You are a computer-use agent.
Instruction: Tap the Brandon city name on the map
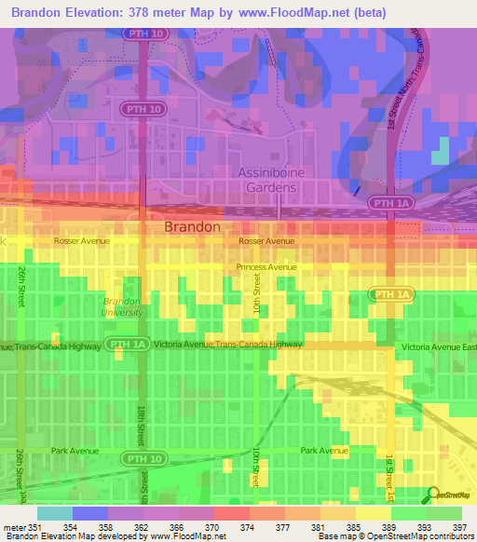pyautogui.click(x=193, y=226)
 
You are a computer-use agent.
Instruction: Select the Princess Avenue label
pyautogui.click(x=266, y=266)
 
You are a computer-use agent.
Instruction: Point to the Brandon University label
pyautogui.click(x=123, y=306)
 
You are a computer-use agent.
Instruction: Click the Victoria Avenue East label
pyautogui.click(x=438, y=346)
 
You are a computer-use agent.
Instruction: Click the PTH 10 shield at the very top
pyautogui.click(x=143, y=33)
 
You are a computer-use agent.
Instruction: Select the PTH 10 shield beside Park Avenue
pyautogui.click(x=144, y=458)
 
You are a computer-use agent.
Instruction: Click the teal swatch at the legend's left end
pyautogui.click(x=54, y=513)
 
